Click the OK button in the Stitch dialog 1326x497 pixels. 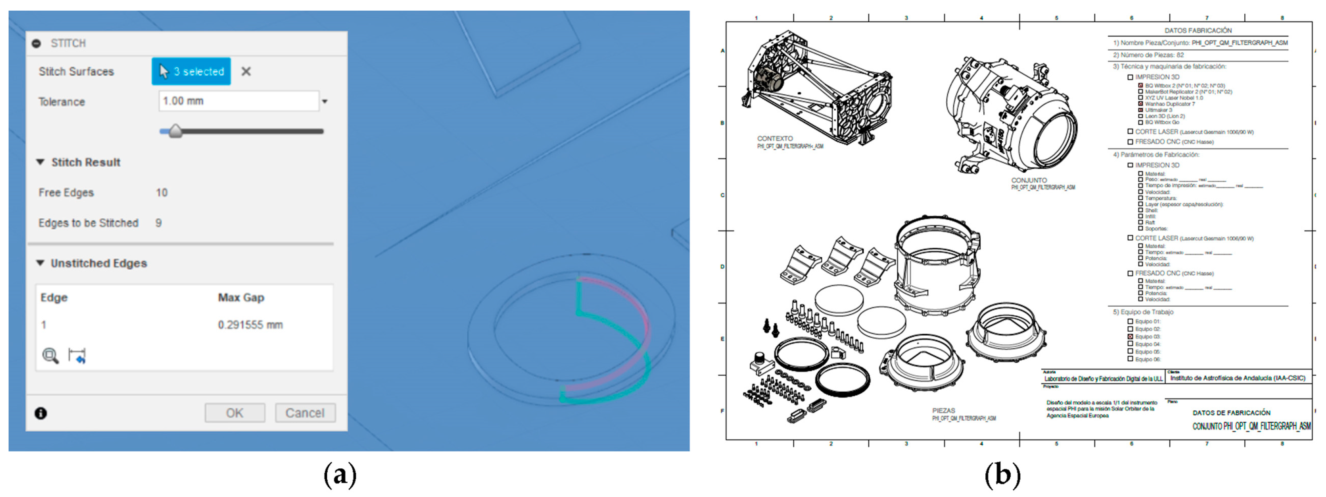[x=235, y=412]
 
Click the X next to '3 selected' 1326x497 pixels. [x=246, y=71]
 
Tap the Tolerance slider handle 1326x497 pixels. [x=176, y=131]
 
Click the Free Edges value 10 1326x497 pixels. [x=162, y=192]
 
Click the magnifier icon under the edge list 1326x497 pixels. [x=50, y=355]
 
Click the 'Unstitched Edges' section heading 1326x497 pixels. [x=98, y=263]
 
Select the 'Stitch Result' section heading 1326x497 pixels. [x=85, y=163]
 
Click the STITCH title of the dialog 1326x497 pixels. [x=68, y=43]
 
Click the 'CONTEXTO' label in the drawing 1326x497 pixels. [x=775, y=138]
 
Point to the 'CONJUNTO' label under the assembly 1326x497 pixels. [x=1029, y=180]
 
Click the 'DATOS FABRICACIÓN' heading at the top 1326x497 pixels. [x=1198, y=30]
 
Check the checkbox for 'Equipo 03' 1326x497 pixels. [x=1130, y=337]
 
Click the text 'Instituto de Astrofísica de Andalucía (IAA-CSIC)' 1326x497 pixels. [x=1237, y=378]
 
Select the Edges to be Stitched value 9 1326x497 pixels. [x=158, y=223]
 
